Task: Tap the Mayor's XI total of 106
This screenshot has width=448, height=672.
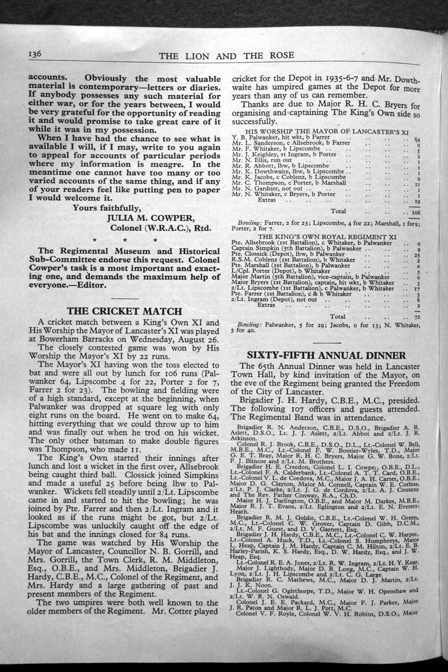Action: [x=415, y=212]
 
